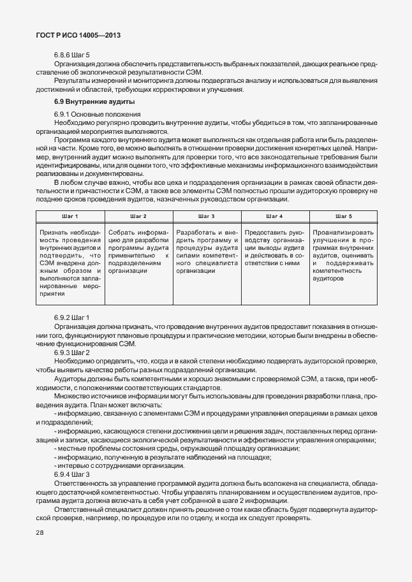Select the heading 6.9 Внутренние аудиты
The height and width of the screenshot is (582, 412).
pyautogui.click(x=94, y=102)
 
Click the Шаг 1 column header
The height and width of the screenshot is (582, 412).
pyautogui.click(x=70, y=217)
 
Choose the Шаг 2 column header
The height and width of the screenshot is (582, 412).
pyautogui.click(x=138, y=217)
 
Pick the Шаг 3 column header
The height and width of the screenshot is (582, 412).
pyautogui.click(x=207, y=217)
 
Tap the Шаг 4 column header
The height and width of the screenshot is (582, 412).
pyautogui.click(x=275, y=217)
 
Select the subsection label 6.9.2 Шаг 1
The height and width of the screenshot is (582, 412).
pyautogui.click(x=72, y=317)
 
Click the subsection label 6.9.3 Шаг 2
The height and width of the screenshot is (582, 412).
pyautogui.click(x=72, y=353)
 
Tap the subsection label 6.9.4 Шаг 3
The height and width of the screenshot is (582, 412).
pyautogui.click(x=72, y=475)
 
